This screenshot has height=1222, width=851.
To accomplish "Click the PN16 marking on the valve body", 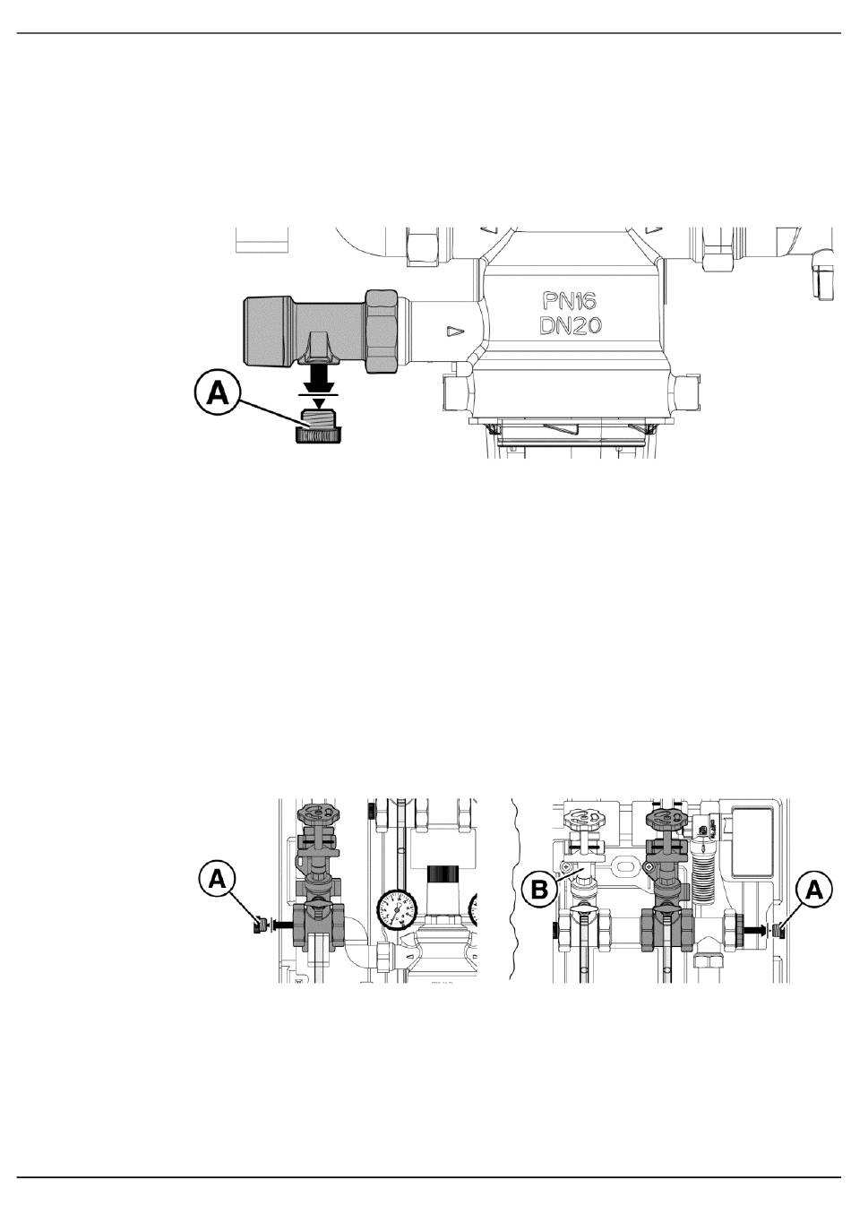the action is point(569,301).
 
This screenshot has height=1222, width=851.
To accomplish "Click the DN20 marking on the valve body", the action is point(570,326).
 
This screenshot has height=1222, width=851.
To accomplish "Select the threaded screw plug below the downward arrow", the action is point(317,427).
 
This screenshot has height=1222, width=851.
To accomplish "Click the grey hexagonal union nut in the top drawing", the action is point(382,331).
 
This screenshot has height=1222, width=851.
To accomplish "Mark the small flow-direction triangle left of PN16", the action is point(454,331).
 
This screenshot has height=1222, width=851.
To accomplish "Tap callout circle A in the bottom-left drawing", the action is point(218,880).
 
